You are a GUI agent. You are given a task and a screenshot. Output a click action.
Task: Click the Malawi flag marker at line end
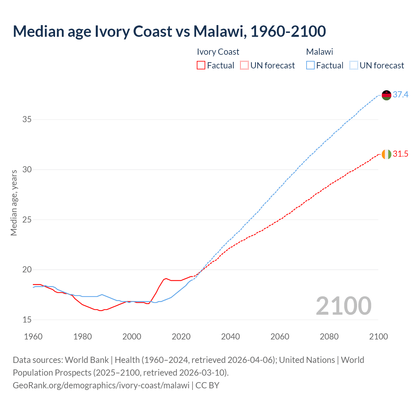386,95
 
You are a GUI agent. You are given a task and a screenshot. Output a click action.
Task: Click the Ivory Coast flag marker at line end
386,154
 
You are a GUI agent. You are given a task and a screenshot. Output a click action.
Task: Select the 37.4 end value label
400,95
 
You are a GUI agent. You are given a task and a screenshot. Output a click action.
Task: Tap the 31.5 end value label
400,154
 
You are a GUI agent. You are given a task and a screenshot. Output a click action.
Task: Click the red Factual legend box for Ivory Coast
201,65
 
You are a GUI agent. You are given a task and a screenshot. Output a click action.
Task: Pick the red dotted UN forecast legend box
244,65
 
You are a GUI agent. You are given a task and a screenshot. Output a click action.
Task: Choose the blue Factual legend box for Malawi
310,65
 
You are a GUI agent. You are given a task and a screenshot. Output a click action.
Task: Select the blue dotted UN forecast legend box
353,65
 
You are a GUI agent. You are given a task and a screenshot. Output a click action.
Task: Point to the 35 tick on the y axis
27,120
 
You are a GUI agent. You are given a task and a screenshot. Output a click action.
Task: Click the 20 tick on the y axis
27,270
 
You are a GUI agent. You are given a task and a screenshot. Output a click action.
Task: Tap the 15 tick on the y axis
27,320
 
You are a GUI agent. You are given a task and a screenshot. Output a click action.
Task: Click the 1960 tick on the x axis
33,337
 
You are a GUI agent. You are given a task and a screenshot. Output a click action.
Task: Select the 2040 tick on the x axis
231,337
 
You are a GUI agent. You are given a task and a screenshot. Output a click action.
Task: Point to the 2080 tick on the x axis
329,337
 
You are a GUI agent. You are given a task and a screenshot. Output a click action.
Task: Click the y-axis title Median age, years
14,203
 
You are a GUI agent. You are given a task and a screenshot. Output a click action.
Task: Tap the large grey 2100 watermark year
343,306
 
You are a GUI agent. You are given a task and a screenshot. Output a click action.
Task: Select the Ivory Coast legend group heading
218,52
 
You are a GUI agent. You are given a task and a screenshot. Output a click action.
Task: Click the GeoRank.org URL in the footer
101,385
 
